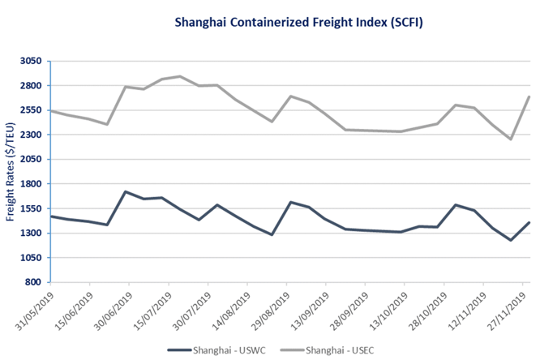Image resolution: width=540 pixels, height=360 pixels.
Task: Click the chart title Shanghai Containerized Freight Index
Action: [269, 24]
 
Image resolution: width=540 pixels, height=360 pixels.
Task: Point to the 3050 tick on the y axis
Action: [29, 61]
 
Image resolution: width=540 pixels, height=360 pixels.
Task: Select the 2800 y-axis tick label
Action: [29, 85]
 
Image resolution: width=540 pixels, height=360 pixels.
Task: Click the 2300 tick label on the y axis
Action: [29, 135]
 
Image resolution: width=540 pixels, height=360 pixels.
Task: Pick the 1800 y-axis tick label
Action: [29, 184]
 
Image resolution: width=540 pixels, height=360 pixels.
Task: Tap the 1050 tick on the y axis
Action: [29, 258]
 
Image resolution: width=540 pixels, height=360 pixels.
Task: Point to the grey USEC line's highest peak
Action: [180, 76]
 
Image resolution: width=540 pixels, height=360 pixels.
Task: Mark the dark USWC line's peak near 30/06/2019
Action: [126, 192]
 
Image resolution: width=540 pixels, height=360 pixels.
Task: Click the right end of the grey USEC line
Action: [529, 97]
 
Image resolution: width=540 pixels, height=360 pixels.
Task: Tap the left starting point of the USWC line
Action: [51, 216]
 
